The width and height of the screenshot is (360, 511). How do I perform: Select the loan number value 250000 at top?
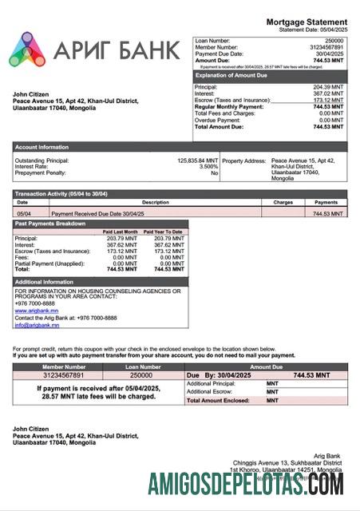[x=334, y=40]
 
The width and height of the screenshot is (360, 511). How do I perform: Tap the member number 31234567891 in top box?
[x=326, y=47]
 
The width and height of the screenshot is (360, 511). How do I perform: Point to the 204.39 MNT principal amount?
[x=328, y=86]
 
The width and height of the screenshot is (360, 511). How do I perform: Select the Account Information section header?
[x=42, y=147]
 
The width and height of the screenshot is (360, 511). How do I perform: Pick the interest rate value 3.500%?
[x=208, y=167]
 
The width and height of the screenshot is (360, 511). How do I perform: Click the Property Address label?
[x=243, y=160]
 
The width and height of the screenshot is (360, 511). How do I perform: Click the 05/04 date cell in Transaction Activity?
[x=24, y=214]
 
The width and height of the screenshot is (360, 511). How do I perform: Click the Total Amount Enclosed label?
[x=215, y=400]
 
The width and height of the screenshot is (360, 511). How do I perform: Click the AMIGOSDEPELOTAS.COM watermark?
[x=246, y=484]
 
